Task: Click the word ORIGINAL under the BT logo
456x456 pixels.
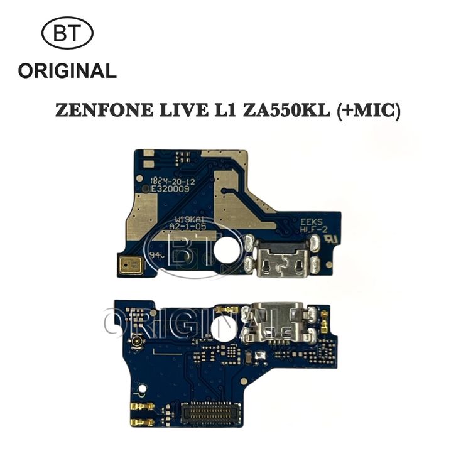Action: coord(67,70)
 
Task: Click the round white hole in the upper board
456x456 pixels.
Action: coord(225,250)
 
